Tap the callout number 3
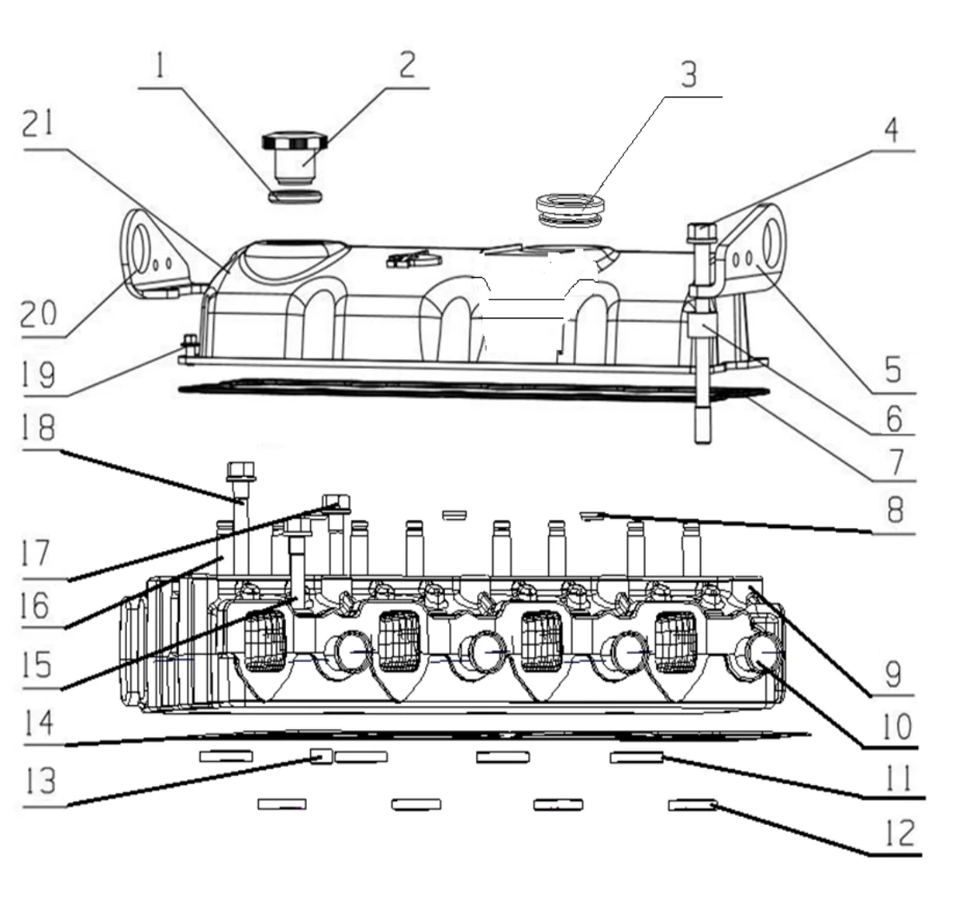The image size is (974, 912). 688,74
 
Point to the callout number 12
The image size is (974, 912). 899,833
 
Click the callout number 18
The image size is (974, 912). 38,428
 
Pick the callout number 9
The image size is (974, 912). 893,673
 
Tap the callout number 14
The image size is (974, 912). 38,723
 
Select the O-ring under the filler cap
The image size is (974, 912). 295,196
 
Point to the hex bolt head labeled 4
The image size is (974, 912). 699,232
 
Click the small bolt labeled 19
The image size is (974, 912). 190,344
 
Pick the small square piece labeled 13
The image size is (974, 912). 321,755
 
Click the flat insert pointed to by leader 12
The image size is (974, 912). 693,804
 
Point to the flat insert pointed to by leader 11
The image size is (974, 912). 636,756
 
